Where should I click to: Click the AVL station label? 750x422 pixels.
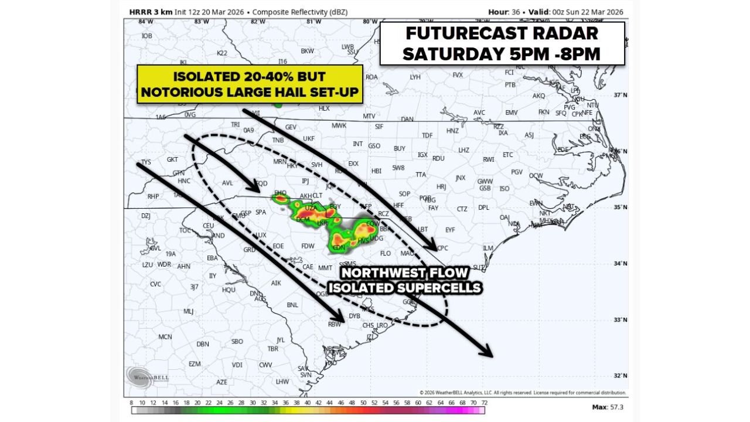[x=227, y=183]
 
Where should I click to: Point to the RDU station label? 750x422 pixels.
[x=438, y=158]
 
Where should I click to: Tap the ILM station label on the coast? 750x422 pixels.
[x=488, y=249]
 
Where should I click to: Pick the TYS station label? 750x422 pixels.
[x=146, y=162]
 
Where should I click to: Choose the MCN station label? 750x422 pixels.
[x=165, y=337]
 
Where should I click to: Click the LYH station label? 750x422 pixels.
[x=415, y=77]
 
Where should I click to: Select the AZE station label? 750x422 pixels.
[x=221, y=382]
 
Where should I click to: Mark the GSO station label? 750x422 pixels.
[x=374, y=146]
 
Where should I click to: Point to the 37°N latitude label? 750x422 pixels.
[x=620, y=95]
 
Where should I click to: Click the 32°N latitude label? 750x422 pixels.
[x=620, y=376]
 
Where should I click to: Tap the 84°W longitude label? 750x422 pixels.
[x=146, y=22]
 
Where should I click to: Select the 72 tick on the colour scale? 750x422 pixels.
[x=483, y=403]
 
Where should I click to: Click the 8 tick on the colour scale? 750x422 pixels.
[x=132, y=403]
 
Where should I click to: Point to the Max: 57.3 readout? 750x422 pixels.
[x=607, y=407]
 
